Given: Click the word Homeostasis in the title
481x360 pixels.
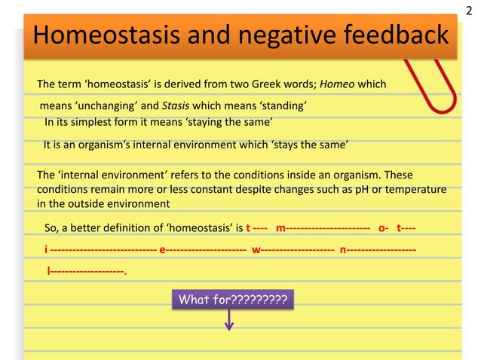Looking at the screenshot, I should click(x=105, y=35).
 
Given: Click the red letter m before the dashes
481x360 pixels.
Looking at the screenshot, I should click(x=281, y=227).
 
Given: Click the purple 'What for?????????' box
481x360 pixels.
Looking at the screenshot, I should click(x=231, y=301).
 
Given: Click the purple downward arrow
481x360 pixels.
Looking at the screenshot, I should click(x=230, y=324).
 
